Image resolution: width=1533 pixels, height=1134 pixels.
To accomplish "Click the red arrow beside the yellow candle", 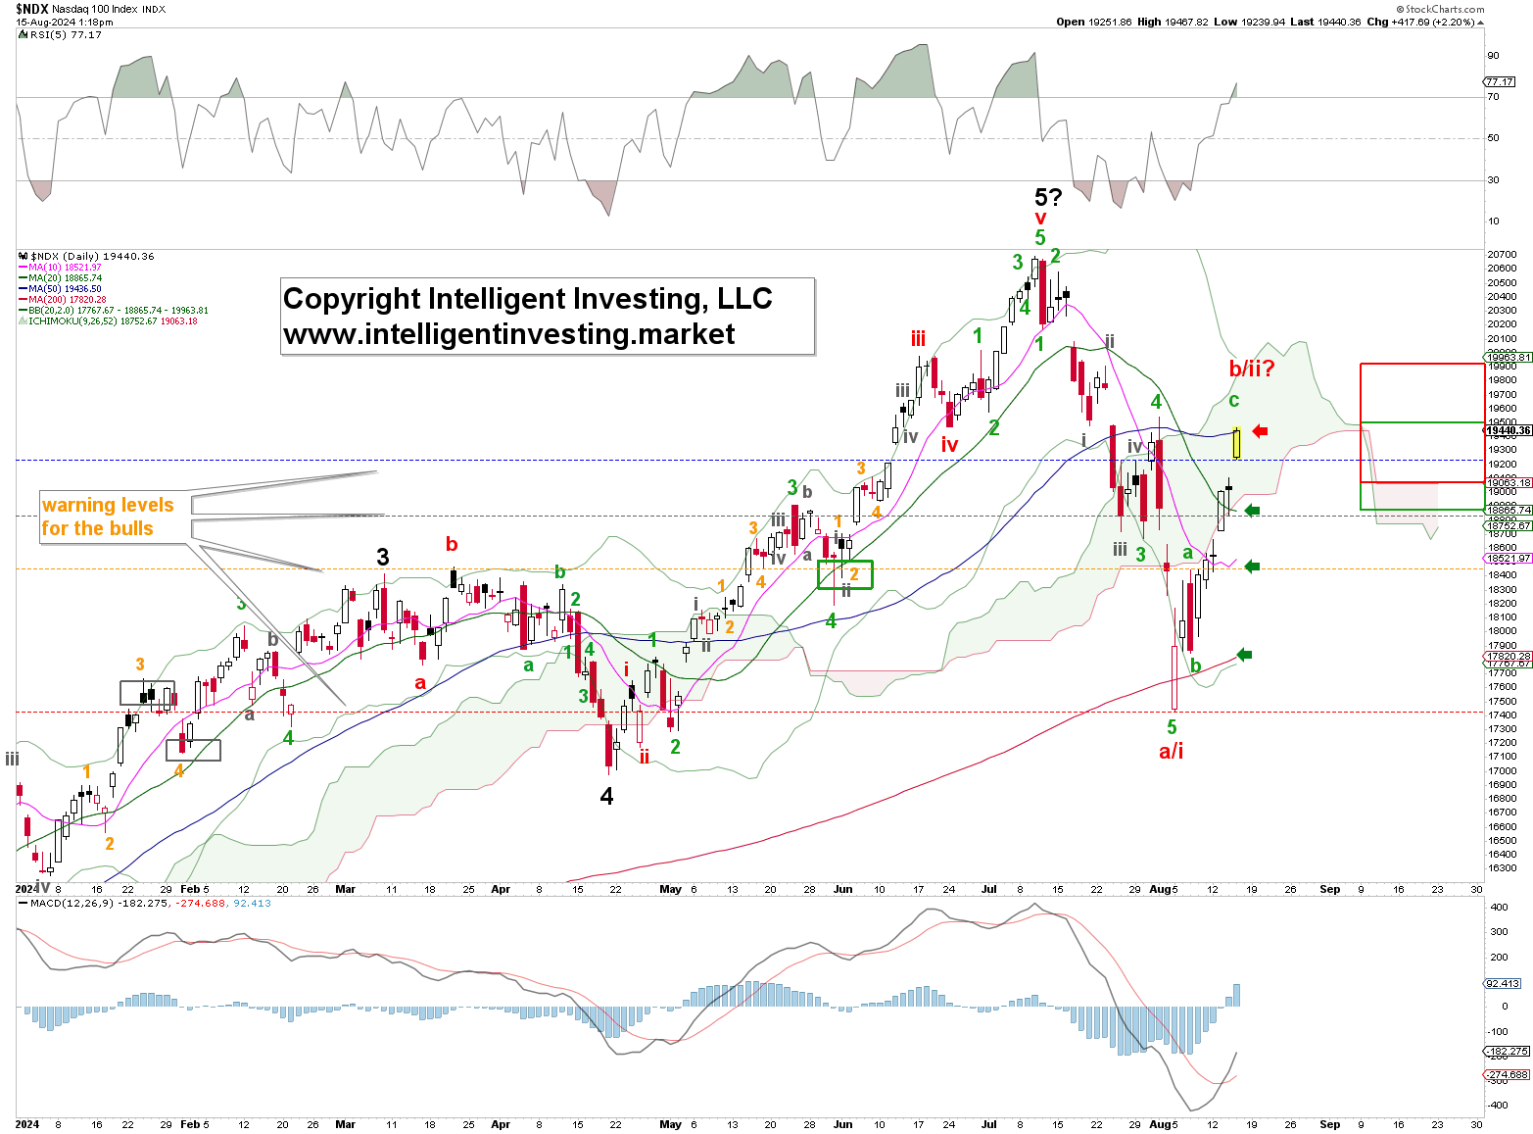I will [x=1260, y=431].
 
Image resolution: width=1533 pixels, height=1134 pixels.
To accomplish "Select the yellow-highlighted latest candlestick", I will [x=1237, y=444].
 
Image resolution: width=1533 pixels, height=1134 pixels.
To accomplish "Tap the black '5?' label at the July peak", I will [x=1048, y=197].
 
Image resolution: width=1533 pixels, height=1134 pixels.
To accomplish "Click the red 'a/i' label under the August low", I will [x=1172, y=752].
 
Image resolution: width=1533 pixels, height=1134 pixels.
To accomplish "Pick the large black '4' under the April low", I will [x=606, y=797].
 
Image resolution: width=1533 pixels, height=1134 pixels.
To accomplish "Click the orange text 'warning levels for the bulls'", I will [x=107, y=517].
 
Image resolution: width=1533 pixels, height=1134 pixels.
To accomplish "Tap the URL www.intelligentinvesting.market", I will [x=508, y=334].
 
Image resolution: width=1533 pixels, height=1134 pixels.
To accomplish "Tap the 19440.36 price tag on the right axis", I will [x=1508, y=430].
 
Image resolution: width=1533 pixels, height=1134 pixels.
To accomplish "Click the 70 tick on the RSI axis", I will [x=1493, y=97].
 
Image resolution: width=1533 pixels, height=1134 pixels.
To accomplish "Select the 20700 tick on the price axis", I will [x=1503, y=255].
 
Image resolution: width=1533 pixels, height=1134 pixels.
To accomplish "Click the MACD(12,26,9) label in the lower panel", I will [x=69, y=904].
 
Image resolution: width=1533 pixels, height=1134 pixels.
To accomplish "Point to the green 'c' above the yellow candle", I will [x=1233, y=400].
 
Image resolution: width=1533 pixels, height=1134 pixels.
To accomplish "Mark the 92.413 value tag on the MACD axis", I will [x=1503, y=983].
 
